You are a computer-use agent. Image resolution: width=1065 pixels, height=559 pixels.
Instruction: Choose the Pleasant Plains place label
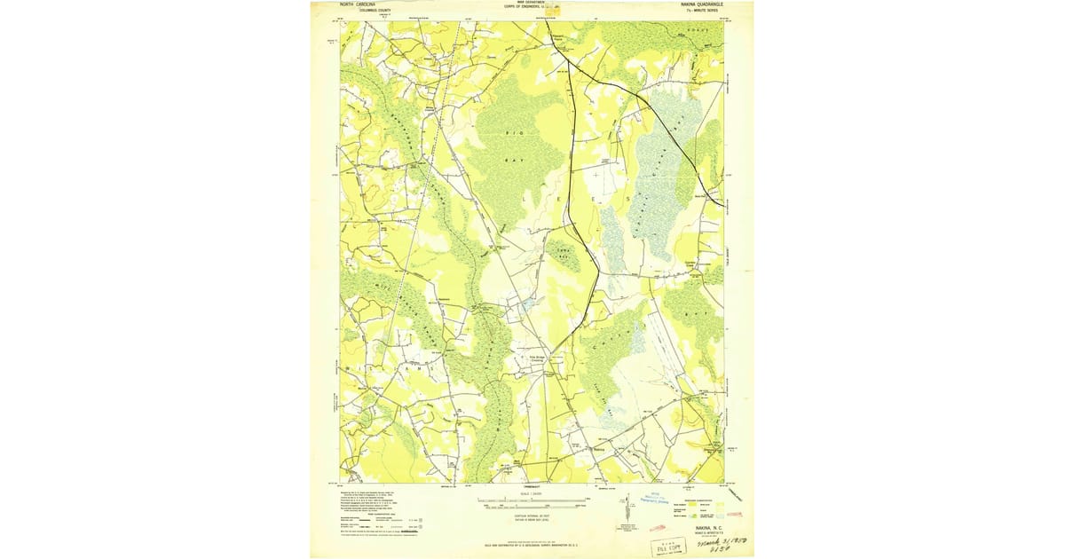coord(553,38)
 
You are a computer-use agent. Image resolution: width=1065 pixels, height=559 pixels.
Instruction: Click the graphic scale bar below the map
coord(532,501)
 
